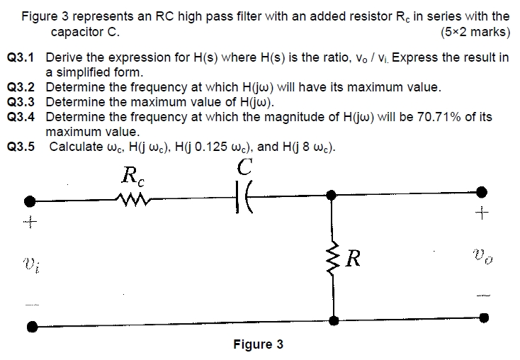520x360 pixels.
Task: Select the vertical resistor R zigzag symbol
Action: click(x=332, y=256)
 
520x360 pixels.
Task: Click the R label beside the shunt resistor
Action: click(x=354, y=256)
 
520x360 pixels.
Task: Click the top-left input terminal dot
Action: click(x=30, y=201)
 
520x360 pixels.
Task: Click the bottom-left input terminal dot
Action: click(x=30, y=327)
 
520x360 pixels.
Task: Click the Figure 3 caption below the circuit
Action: click(x=258, y=344)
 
